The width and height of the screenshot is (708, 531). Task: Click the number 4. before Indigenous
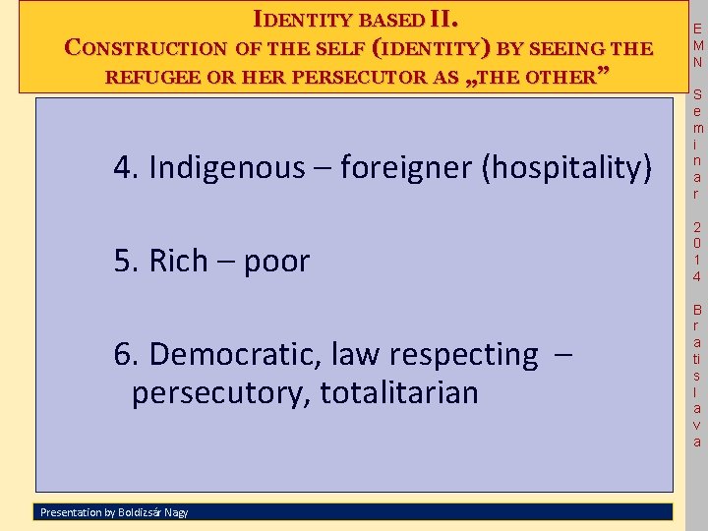(126, 168)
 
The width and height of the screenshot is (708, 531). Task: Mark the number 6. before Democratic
(126, 353)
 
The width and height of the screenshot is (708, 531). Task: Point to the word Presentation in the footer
(70, 511)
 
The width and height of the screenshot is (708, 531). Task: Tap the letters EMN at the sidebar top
(697, 45)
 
